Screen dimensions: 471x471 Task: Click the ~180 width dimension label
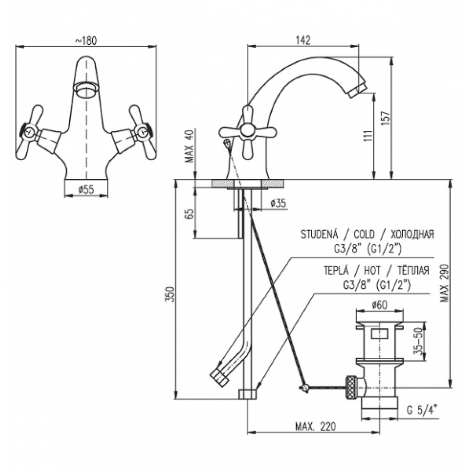[86, 41]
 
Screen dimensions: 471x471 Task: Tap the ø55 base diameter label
[86, 189]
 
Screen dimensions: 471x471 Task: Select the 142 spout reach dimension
[303, 40]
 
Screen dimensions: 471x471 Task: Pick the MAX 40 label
[189, 146]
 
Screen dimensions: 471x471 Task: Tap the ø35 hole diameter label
[278, 203]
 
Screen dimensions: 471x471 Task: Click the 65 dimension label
[190, 213]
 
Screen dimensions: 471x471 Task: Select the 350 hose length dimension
[170, 294]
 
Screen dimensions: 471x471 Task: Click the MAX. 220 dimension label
[316, 426]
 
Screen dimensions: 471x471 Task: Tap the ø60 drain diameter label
[379, 305]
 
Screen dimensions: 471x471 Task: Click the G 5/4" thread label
[422, 410]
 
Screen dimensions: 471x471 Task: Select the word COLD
[364, 234]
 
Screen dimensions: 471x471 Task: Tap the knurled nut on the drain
[350, 388]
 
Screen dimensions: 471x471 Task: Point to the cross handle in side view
[247, 131]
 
